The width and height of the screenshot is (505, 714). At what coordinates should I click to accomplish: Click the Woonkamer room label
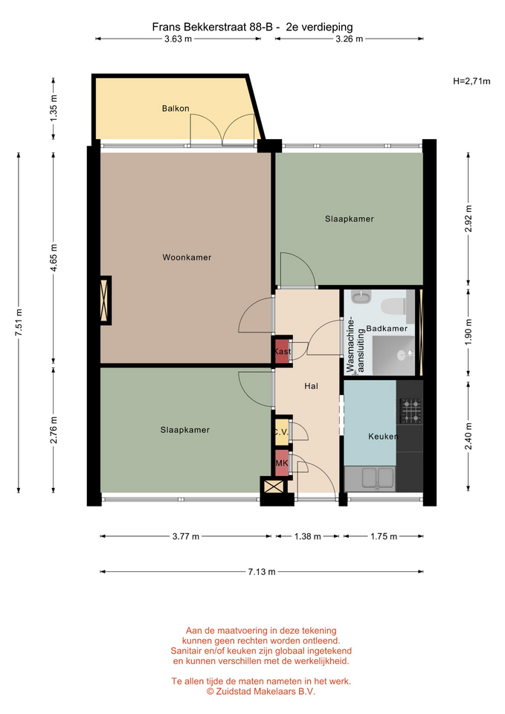(187, 257)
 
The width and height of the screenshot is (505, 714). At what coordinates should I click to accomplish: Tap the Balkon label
(176, 109)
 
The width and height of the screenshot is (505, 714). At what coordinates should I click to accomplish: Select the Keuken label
(383, 437)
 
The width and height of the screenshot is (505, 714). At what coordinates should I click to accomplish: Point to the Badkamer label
(387, 328)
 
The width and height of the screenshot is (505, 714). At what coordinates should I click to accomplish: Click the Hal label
(311, 386)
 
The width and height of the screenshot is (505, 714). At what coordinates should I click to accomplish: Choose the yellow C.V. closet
(282, 431)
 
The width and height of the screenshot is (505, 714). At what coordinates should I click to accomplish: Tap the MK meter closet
(282, 463)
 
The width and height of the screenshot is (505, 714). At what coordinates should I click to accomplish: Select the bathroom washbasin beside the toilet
(361, 297)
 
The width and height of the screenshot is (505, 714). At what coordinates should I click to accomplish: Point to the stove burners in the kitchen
(411, 411)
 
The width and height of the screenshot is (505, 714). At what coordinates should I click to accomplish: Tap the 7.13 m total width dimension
(262, 571)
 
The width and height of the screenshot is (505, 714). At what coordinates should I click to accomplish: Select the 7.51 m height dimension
(19, 322)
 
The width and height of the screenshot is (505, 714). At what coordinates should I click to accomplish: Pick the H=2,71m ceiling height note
(472, 82)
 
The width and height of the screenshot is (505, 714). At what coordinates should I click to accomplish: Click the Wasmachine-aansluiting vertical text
(356, 346)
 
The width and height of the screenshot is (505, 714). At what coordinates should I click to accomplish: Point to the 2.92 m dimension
(468, 219)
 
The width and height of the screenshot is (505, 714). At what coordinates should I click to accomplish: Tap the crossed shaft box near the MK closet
(273, 486)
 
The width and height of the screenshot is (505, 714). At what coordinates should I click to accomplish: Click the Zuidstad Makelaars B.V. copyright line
(261, 691)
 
